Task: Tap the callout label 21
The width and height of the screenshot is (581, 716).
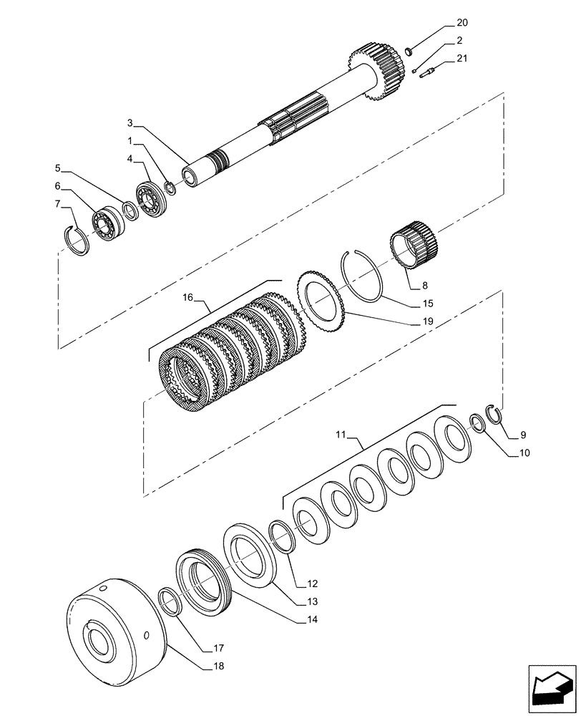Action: click(x=462, y=59)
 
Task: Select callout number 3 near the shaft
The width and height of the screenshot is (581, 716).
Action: click(x=130, y=122)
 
